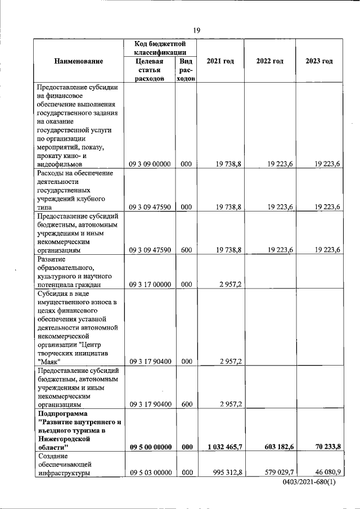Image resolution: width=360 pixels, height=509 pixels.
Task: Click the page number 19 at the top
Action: coord(197,30)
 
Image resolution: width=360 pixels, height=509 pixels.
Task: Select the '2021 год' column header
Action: coord(220,61)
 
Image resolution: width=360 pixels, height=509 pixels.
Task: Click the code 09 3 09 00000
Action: coord(150,164)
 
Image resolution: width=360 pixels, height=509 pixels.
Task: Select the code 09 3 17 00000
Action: coord(150,285)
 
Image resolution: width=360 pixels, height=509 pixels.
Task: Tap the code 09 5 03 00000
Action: coord(150,473)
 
